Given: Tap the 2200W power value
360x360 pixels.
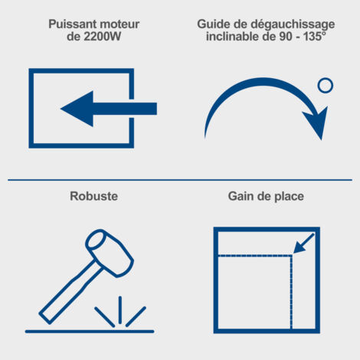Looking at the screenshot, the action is [102, 37].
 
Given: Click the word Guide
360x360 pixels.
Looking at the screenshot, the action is [214, 25].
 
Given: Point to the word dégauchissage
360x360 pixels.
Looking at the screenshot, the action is [293, 25].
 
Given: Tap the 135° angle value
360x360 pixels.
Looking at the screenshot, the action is [315, 36].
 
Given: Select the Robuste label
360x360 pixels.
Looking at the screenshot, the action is [94, 196].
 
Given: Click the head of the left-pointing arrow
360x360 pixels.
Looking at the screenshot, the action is [77, 109].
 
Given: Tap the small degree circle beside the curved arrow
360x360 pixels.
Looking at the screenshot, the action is [326, 85].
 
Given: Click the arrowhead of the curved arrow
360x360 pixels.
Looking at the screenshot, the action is [316, 123].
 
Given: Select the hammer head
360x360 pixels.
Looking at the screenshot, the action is [110, 253].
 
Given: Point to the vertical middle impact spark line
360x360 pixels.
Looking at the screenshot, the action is [120, 310].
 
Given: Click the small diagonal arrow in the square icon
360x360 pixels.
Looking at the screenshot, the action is [303, 244].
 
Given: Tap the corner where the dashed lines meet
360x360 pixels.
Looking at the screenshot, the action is [291, 255].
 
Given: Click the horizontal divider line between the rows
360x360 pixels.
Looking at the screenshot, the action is [180, 180].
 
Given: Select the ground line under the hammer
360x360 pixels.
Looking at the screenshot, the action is [90, 332].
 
